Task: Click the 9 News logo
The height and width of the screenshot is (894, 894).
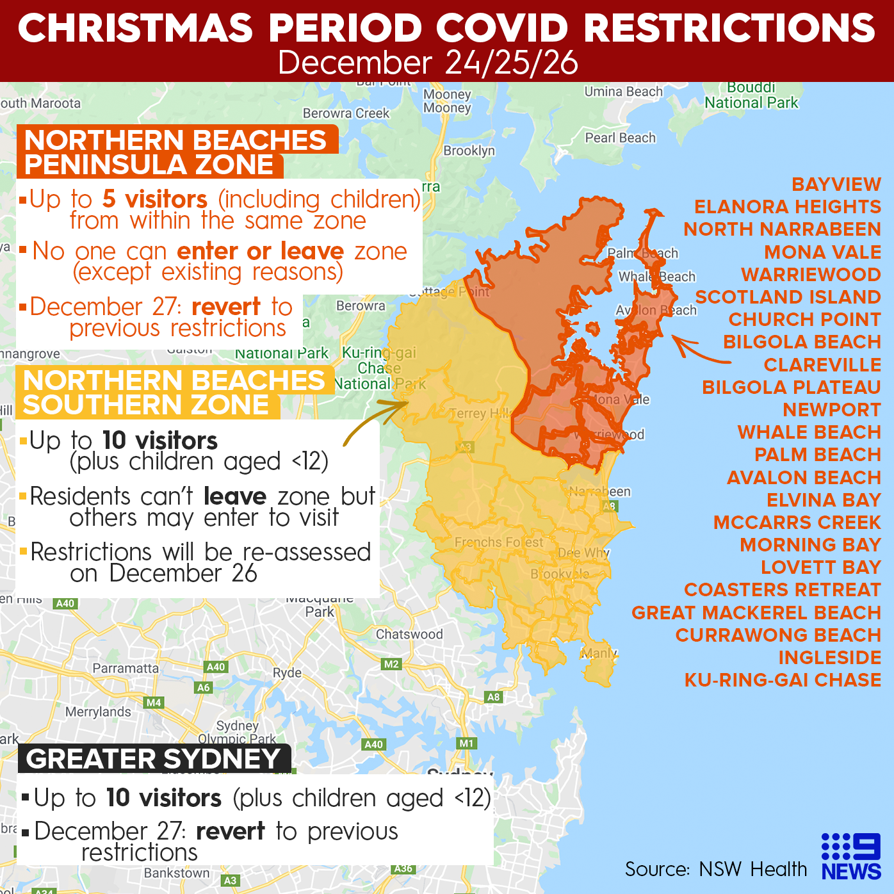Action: coord(851,856)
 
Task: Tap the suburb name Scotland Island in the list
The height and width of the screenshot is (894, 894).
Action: coord(788,297)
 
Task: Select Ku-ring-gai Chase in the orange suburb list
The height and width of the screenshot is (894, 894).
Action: coord(783,679)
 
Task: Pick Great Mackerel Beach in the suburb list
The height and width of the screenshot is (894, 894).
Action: coord(756,612)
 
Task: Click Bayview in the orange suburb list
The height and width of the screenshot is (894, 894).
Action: coord(836,184)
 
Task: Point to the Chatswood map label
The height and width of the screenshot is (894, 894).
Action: coord(409,634)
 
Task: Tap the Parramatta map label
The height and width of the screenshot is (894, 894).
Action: coord(126,668)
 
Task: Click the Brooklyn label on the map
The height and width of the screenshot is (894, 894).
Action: coord(469,150)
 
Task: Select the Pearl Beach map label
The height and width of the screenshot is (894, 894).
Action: coord(620,138)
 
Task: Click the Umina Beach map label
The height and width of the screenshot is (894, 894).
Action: coord(623,92)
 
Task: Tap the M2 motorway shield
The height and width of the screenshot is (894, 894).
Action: coord(391,664)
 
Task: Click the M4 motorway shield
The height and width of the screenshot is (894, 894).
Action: coord(154,703)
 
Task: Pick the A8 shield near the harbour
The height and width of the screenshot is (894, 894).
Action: coord(493,697)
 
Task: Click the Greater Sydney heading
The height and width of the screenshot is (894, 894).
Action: coord(154,759)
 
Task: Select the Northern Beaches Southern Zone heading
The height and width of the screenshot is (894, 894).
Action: coord(174,393)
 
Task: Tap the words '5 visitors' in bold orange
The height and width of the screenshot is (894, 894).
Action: coord(154,199)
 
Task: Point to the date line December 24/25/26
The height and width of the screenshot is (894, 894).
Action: coord(428,63)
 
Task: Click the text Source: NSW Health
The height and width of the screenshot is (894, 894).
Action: coord(715,869)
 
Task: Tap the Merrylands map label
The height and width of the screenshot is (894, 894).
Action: coord(98,711)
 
